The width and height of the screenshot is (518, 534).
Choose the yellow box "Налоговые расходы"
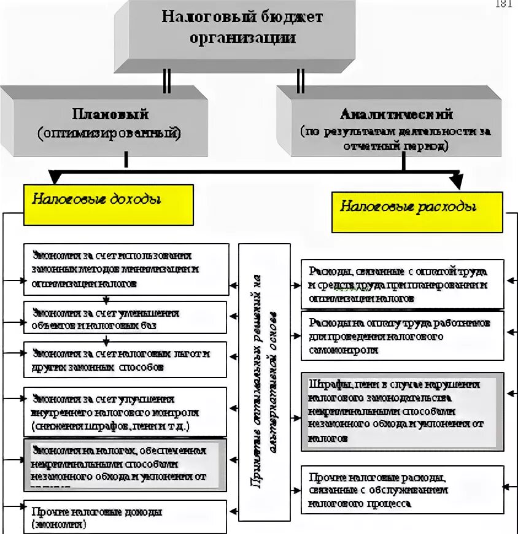[x=417, y=212]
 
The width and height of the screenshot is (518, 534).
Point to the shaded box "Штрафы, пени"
[x=402, y=410]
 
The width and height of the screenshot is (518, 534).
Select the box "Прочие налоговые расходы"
[x=402, y=489]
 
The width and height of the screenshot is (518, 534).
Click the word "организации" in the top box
[x=242, y=38]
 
